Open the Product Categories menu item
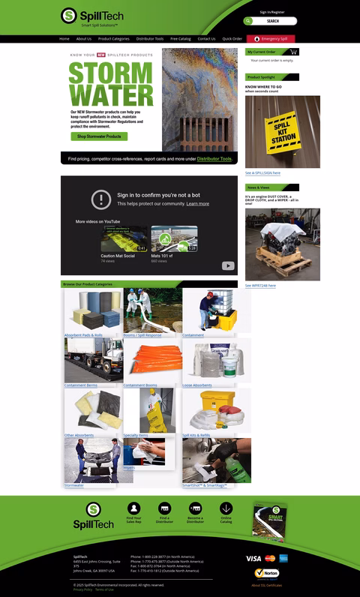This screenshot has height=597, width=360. (113, 38)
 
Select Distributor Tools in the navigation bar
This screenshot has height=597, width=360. (149, 38)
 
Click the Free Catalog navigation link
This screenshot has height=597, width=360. (180, 38)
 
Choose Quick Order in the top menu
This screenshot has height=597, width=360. (232, 38)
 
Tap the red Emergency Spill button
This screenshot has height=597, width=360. (271, 38)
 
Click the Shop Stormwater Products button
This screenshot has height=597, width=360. (98, 136)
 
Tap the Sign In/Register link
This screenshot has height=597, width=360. (272, 12)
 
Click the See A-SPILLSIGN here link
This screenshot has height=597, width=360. (262, 172)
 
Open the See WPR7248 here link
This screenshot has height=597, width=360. (260, 286)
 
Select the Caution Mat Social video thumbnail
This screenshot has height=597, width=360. (124, 238)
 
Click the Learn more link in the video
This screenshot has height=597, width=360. (198, 204)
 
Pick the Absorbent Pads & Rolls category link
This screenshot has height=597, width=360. (83, 335)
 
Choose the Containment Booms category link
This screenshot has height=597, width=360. (140, 385)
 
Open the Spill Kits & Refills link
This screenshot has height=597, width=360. (196, 435)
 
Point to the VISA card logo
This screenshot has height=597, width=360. (253, 558)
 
